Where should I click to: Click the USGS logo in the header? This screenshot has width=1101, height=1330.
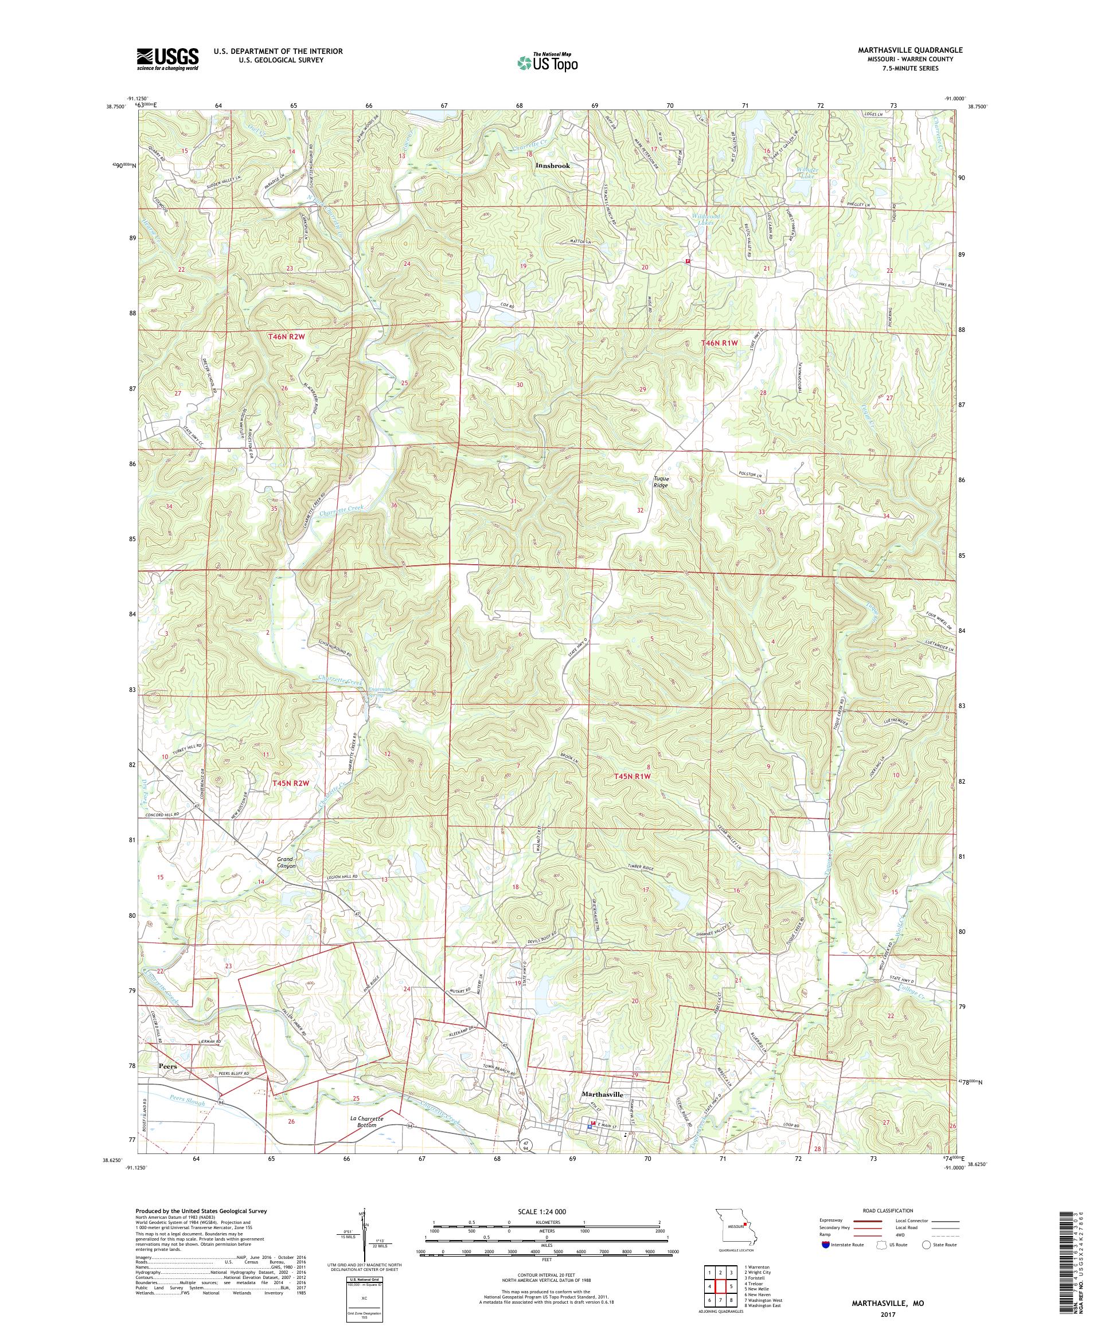[x=167, y=60]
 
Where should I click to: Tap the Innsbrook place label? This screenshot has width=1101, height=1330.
[x=552, y=165]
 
